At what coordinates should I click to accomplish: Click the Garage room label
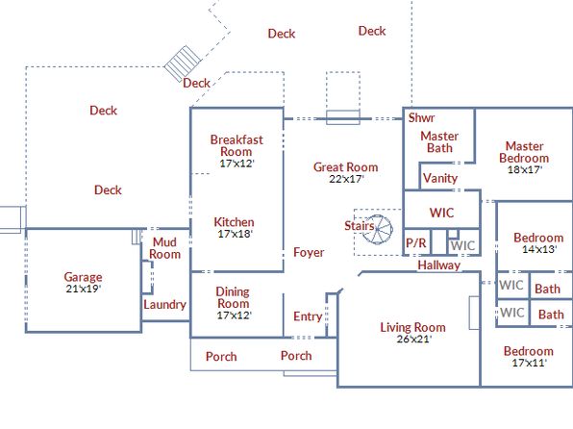tap(83, 277)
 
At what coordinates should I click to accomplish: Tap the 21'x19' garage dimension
tap(84, 289)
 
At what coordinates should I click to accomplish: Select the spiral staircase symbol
tap(378, 229)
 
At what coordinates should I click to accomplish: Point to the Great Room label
tap(346, 167)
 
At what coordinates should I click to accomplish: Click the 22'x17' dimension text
tap(346, 179)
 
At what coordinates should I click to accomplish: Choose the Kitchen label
tap(234, 222)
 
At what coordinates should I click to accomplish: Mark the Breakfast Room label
tap(237, 145)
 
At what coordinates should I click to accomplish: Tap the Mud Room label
tap(164, 248)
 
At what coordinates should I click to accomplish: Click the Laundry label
tap(164, 305)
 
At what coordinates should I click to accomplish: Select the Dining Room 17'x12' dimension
tap(234, 315)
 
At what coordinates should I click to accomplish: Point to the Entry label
tap(308, 316)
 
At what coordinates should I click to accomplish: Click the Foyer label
tap(309, 252)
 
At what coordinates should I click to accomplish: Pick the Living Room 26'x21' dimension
tap(414, 339)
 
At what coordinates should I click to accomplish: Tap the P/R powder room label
tap(416, 242)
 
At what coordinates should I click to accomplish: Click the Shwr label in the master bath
tap(421, 117)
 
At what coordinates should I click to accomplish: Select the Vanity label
tap(440, 178)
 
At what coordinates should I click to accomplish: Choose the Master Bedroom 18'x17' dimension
tap(525, 169)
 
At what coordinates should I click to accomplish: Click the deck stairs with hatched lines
tap(183, 63)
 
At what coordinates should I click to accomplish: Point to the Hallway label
tap(439, 265)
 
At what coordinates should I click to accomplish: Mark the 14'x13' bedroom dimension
tap(539, 249)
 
